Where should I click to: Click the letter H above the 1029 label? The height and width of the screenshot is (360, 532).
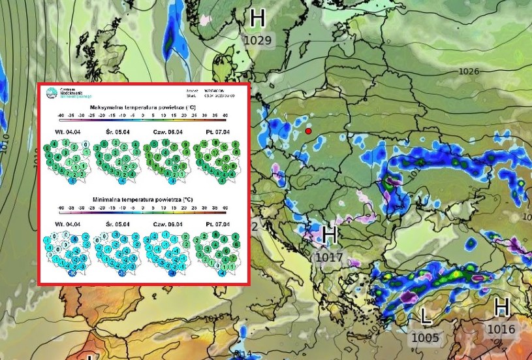point(258,18)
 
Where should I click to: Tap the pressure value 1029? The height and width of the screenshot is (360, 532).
point(257,41)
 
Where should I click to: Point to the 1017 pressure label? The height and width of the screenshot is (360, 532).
point(329,257)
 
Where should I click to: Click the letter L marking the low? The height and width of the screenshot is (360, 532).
point(426,318)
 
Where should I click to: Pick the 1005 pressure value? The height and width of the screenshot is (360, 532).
point(426,338)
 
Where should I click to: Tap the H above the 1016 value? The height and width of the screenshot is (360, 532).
point(501,308)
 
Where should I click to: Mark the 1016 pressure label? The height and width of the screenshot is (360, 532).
point(501,329)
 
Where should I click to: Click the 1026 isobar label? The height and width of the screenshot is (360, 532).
point(469,71)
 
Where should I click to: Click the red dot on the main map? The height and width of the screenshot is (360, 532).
point(309,131)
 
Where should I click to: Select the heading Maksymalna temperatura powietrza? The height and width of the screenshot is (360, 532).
point(145,107)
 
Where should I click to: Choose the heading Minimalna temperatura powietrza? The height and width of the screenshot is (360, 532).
point(145,199)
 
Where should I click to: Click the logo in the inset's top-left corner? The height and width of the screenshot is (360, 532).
point(50,93)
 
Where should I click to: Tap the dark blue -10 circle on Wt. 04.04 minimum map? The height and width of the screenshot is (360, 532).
point(72,274)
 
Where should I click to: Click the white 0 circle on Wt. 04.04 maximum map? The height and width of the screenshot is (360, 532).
point(86,145)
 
